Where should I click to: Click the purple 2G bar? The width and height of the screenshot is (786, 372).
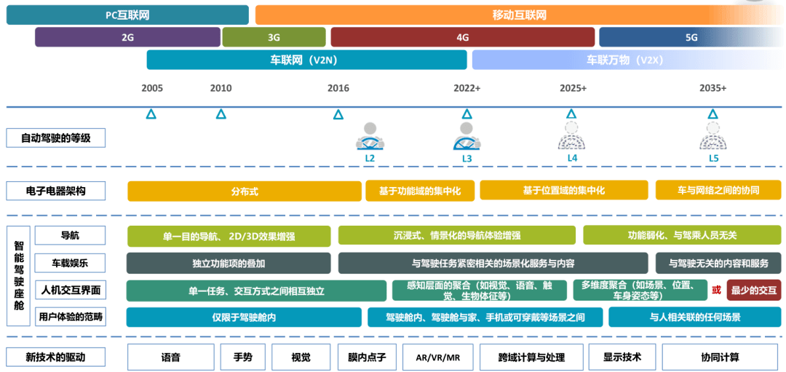point(128,37)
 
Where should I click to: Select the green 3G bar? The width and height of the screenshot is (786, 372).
point(274,37)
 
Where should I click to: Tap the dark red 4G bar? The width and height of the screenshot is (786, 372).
point(462,37)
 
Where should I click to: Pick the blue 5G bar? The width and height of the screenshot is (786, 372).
point(691,37)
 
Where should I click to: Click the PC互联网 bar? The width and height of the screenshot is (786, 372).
point(127,15)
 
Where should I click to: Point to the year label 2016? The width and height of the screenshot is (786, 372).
point(338,88)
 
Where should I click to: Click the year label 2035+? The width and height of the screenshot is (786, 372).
point(712,88)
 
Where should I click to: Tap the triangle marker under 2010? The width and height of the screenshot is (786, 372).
point(221,114)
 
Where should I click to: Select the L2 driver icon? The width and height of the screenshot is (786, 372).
point(370,136)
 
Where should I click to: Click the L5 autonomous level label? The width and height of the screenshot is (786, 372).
point(713,157)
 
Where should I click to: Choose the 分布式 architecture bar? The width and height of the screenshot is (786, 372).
point(245,191)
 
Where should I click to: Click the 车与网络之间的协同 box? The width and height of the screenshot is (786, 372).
point(718,190)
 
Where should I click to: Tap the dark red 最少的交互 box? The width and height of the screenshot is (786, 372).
point(753,290)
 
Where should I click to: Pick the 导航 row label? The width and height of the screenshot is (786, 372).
point(70,235)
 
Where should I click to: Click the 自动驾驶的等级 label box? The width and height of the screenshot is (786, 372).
point(55,138)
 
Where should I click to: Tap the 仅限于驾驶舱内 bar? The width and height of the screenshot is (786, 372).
point(244,317)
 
